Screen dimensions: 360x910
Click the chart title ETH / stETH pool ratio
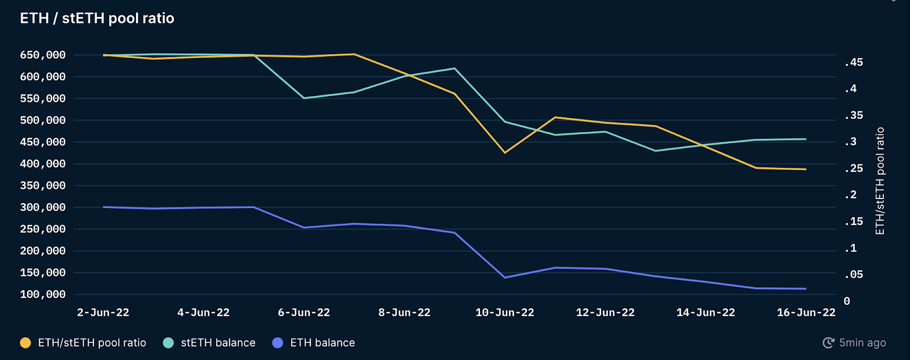point(97,18)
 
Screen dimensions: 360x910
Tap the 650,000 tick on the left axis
point(43,55)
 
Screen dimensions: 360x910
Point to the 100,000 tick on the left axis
point(43,295)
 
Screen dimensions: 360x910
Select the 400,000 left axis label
point(43,164)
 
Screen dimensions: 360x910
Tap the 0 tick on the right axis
point(847,301)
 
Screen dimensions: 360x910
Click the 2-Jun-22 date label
point(103,313)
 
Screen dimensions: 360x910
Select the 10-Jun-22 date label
point(504,313)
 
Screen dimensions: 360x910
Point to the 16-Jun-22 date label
point(806,313)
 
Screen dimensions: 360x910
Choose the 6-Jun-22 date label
point(304,313)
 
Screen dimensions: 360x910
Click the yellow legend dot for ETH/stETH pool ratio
point(26,343)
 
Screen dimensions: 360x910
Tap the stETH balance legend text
point(218,343)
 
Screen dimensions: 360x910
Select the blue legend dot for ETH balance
point(278,343)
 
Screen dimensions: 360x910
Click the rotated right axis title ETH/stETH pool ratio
point(880,181)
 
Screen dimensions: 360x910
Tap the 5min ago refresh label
point(862,343)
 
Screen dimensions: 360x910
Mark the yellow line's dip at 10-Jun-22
point(504,152)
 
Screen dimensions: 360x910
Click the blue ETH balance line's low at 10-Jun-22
point(504,278)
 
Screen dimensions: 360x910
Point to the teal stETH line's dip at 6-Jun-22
point(304,98)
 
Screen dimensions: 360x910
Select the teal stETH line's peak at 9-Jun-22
point(454,68)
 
